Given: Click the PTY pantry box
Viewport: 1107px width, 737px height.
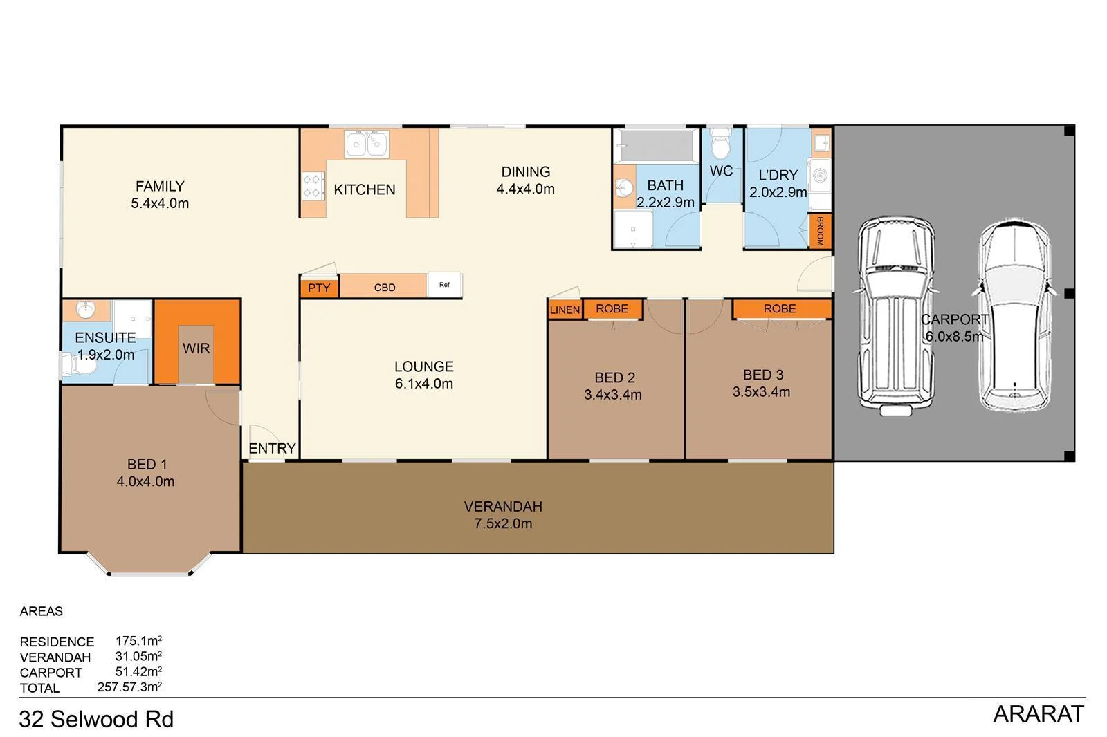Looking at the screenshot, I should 319,288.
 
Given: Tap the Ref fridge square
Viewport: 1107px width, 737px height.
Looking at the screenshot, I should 444,285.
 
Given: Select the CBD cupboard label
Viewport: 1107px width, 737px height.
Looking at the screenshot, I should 384,287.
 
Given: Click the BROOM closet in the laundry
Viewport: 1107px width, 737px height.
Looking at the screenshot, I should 820,231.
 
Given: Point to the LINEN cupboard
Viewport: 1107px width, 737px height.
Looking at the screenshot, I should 565,310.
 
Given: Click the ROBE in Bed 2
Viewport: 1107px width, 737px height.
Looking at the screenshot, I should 612,309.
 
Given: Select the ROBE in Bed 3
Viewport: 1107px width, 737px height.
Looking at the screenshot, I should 780,308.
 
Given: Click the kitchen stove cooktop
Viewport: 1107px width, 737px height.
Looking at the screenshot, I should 313,186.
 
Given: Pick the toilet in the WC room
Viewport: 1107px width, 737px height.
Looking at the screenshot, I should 721,143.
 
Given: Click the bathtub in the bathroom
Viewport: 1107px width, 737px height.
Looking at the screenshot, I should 657,146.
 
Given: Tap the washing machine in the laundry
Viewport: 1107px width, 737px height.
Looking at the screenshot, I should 819,176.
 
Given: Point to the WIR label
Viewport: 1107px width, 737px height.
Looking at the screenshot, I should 196,348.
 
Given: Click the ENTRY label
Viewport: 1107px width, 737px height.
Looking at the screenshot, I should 272,449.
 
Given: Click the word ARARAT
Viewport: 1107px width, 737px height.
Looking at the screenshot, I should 1038,714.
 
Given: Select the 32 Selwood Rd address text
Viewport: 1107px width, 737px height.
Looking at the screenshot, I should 96,720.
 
